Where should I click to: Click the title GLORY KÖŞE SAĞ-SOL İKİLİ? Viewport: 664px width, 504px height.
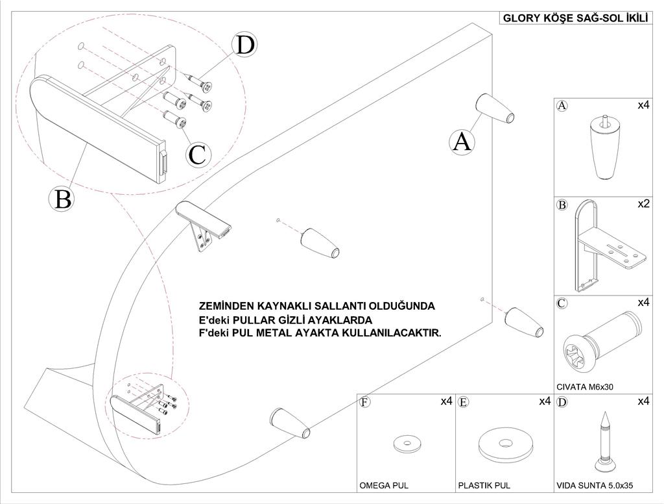click(575, 18)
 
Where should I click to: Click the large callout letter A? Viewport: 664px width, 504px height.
click(462, 141)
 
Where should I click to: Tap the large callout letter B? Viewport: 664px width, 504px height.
click(63, 198)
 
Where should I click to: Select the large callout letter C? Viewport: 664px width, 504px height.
click(197, 154)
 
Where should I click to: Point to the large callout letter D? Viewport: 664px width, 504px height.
click(245, 45)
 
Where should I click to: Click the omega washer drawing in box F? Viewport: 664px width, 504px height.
click(407, 444)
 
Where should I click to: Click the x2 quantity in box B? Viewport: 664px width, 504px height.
click(643, 204)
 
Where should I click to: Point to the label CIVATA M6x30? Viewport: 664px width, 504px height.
click(586, 386)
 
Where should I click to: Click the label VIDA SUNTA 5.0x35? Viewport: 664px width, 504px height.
click(595, 485)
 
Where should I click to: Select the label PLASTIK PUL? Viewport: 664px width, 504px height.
click(484, 485)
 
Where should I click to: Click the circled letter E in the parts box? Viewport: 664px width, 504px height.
click(463, 402)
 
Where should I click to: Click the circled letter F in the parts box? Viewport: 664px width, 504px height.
click(365, 402)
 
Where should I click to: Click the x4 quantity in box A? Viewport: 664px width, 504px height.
click(643, 105)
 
